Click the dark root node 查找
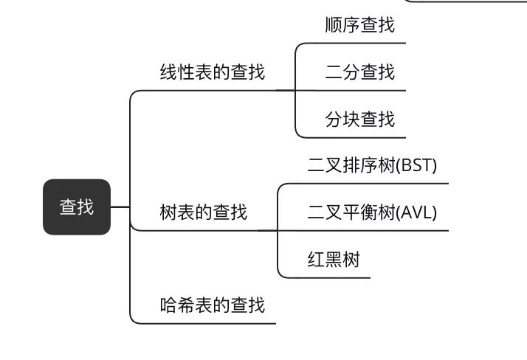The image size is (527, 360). [77, 207]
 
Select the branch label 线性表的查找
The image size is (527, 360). [212, 72]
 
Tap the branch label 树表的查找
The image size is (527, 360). [203, 213]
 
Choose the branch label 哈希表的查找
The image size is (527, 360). [212, 305]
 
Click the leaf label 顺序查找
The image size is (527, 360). [359, 25]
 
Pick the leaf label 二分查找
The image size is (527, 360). [359, 72]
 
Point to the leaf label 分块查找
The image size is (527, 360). [359, 119]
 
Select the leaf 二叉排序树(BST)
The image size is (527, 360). [367, 165]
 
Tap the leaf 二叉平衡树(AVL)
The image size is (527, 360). [372, 213]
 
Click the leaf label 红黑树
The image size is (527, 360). [334, 260]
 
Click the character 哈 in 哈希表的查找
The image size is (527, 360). [168, 305]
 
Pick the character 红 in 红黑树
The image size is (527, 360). [316, 260]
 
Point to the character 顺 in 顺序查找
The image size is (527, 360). [334, 25]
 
